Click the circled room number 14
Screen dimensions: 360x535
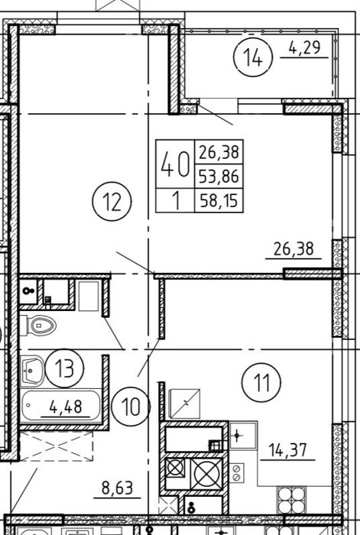point(253,57)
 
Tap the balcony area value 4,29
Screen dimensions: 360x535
point(305,47)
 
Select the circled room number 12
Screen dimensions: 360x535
point(112,201)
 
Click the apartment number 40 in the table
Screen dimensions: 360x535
point(175,164)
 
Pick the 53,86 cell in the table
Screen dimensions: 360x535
point(219,176)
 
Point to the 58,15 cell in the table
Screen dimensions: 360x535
point(219,200)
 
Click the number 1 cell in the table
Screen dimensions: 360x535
point(176,200)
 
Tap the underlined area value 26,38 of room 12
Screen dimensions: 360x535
point(294,248)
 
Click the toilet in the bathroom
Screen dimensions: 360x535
point(38,326)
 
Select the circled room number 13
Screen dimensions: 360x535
point(64,368)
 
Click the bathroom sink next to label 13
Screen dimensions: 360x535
point(32,371)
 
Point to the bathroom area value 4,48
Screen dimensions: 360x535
point(66,407)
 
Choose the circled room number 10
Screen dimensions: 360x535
point(131,407)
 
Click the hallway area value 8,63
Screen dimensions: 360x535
point(117,488)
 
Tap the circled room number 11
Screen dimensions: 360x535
point(261,382)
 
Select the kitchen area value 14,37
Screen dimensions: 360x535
point(287,449)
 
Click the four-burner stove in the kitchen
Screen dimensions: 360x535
point(291,500)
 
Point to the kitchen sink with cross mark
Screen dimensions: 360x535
point(242,435)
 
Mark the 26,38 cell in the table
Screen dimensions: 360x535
point(219,152)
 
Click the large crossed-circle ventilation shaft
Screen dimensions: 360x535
point(206,474)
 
